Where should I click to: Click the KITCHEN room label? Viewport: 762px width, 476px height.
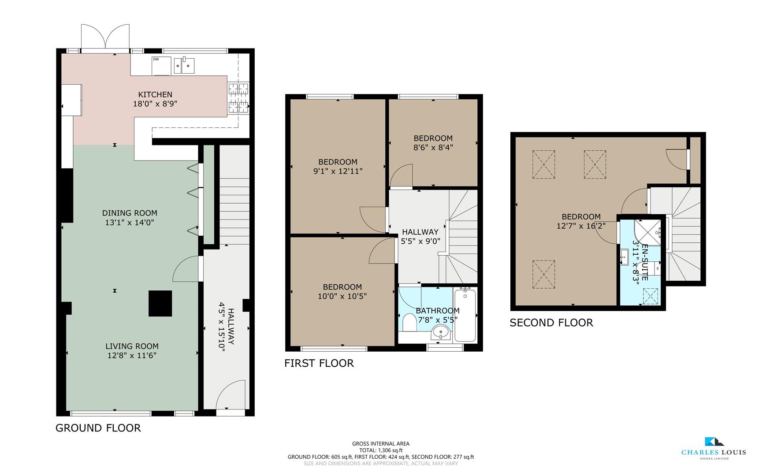coord(155,94)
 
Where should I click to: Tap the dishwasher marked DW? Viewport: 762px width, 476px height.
coord(161,66)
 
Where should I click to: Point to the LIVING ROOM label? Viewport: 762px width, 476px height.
coord(132,346)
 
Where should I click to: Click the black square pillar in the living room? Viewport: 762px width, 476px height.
coord(160,303)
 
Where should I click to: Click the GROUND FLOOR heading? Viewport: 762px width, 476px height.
coord(98,428)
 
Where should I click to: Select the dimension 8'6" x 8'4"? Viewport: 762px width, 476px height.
coord(433,148)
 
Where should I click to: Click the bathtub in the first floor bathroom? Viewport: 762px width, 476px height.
coord(465,315)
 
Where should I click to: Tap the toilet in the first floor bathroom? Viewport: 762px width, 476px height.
coord(409,323)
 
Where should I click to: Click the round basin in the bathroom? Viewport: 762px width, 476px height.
coord(440,331)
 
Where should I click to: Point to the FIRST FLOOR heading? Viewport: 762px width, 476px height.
coord(319,363)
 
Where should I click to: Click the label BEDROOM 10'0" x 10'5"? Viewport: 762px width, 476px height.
coord(342,291)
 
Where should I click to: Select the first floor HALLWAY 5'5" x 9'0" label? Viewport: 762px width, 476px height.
coord(420,236)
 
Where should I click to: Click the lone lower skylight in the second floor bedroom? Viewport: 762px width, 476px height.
coord(543,275)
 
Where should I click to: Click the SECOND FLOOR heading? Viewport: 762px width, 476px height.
coord(551,323)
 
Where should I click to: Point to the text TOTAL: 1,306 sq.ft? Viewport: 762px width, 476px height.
coord(381,450)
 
